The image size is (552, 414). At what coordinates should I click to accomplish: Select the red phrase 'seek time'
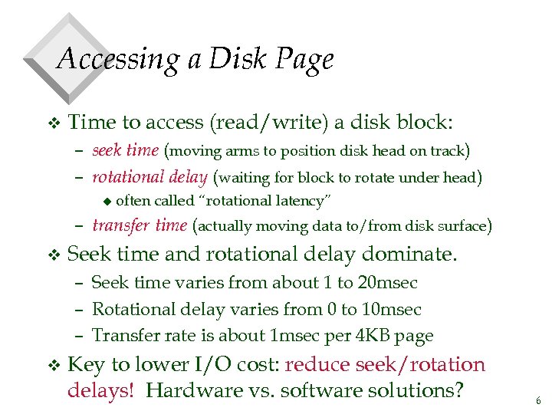(125, 150)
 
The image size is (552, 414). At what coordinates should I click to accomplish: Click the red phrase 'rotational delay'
(149, 178)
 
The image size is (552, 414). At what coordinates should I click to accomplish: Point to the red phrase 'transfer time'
(140, 225)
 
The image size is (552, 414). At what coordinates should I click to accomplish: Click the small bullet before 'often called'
(108, 202)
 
